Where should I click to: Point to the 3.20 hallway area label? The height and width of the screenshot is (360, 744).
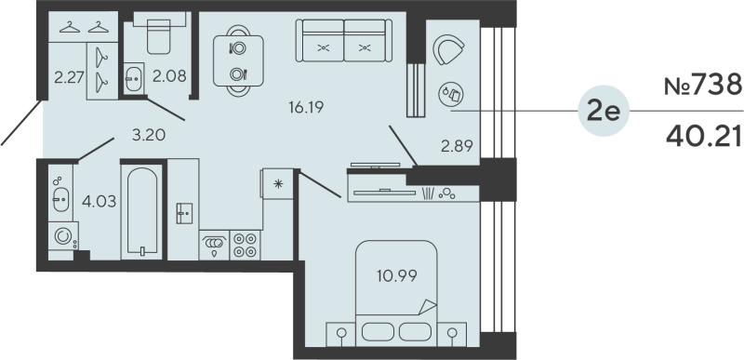point(148,135)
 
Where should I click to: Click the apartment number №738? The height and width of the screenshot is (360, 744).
point(702,87)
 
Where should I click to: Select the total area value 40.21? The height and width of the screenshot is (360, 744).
point(702,138)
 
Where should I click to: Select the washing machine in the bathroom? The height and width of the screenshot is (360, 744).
point(64,236)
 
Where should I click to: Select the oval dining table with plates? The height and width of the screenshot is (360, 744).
point(237,60)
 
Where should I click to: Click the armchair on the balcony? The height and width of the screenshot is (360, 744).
point(448,51)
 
